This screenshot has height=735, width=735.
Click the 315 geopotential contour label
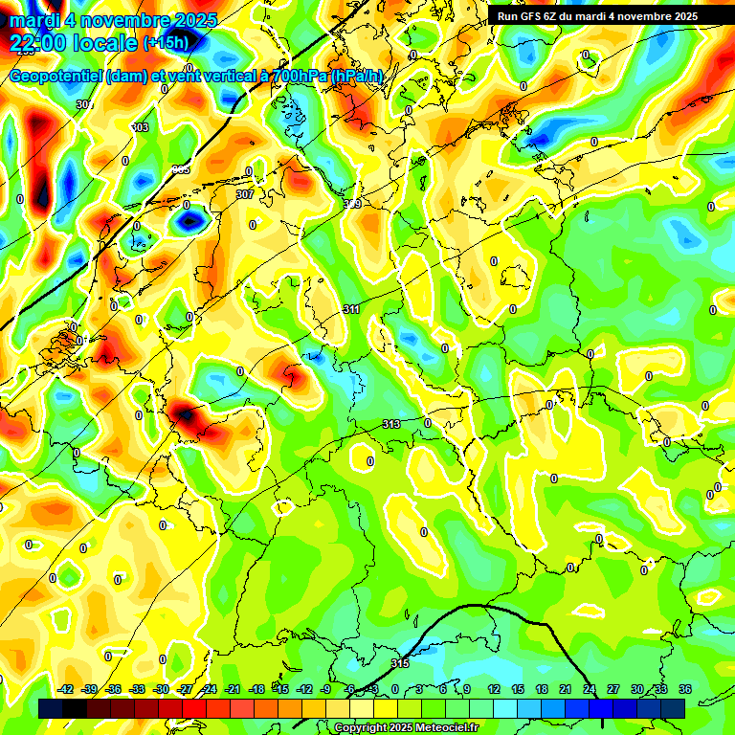pyautogui.click(x=400, y=663)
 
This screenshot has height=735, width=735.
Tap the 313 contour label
pyautogui.click(x=391, y=424)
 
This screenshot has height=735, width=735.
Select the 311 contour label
pyautogui.click(x=351, y=309)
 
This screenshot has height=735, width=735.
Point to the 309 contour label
pyautogui.click(x=352, y=204)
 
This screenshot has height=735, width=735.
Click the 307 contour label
pyautogui.click(x=244, y=194)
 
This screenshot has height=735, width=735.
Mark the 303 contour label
pyautogui.click(x=140, y=127)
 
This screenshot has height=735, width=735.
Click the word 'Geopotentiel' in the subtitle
pyautogui.click(x=55, y=77)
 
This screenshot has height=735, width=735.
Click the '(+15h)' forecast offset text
pyautogui.click(x=166, y=43)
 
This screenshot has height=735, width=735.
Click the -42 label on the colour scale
pyautogui.click(x=66, y=689)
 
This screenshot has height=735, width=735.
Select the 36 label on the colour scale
pyautogui.click(x=685, y=689)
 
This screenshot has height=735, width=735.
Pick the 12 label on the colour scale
pyautogui.click(x=494, y=689)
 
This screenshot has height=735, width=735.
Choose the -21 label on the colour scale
pyautogui.click(x=233, y=689)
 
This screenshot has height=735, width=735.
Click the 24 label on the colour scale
pyautogui.click(x=590, y=689)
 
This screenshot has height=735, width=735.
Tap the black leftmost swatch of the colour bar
pyautogui.click(x=51, y=708)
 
